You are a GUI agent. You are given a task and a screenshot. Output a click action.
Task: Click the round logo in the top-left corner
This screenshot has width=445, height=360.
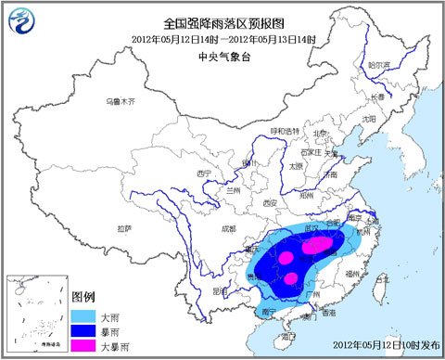(x=19, y=16)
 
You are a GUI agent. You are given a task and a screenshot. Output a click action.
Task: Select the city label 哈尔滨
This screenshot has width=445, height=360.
(x=377, y=66)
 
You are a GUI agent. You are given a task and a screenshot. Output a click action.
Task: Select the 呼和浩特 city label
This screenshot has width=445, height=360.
(x=286, y=132)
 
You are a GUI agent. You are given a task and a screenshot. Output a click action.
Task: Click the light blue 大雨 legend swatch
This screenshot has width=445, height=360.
(x=84, y=315)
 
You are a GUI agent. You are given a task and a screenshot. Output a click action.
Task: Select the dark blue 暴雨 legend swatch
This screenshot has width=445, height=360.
(x=84, y=329)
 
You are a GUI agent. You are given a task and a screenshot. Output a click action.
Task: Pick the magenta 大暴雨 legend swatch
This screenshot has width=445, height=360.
(x=84, y=344)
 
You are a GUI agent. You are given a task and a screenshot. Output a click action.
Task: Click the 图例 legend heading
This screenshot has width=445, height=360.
(x=84, y=297)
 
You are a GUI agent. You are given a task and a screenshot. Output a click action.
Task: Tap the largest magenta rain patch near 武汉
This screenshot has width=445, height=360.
(x=318, y=244)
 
